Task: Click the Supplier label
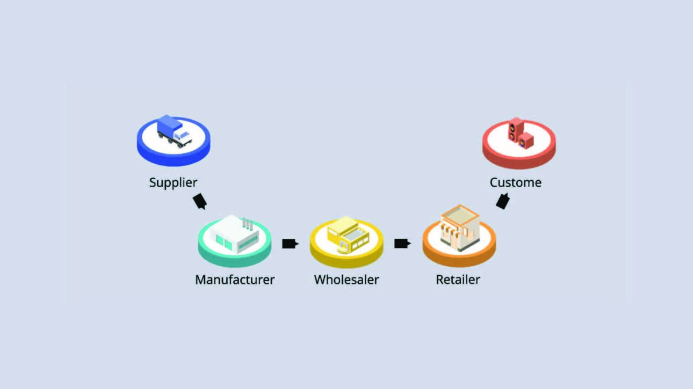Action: (x=173, y=182)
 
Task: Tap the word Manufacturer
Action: (x=235, y=280)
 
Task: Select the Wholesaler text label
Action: (x=346, y=280)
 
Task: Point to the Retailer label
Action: (x=458, y=280)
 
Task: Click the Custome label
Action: (x=515, y=182)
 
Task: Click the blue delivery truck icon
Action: (x=174, y=130)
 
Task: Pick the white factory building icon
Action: (x=234, y=235)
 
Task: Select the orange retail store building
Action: (x=459, y=227)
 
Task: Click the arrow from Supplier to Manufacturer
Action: (x=200, y=201)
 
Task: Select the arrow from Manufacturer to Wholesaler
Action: (x=290, y=244)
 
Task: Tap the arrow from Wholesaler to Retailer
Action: (x=402, y=244)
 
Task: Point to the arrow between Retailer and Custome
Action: (x=502, y=202)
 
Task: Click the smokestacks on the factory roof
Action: (x=247, y=224)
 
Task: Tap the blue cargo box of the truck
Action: (x=168, y=124)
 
